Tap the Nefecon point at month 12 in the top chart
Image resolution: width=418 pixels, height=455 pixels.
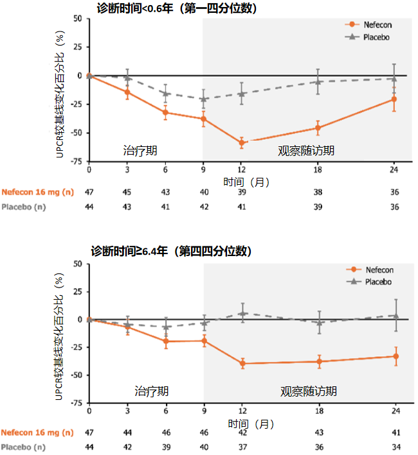pyautogui.click(x=242, y=142)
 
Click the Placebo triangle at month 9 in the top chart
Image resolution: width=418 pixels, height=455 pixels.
pyautogui.click(x=203, y=99)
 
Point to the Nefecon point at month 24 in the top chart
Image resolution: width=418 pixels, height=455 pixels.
pyautogui.click(x=394, y=99)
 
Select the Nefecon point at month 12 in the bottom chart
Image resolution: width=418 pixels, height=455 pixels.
pyautogui.click(x=242, y=363)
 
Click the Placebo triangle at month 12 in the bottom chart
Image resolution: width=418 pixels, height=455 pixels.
pyautogui.click(x=242, y=313)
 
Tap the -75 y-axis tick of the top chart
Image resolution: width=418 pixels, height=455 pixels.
pyautogui.click(x=75, y=162)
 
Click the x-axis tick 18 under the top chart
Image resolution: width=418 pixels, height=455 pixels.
pyautogui.click(x=318, y=169)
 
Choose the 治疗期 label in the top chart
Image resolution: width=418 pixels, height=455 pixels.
pyautogui.click(x=140, y=151)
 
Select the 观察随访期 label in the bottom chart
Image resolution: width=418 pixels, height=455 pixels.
pyautogui.click(x=309, y=391)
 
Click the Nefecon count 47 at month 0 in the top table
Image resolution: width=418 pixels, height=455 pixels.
pyautogui.click(x=89, y=193)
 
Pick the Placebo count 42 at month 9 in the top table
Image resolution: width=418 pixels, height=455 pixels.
pyautogui.click(x=203, y=207)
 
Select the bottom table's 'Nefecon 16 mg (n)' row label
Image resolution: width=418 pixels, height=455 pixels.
pyautogui.click(x=37, y=433)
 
